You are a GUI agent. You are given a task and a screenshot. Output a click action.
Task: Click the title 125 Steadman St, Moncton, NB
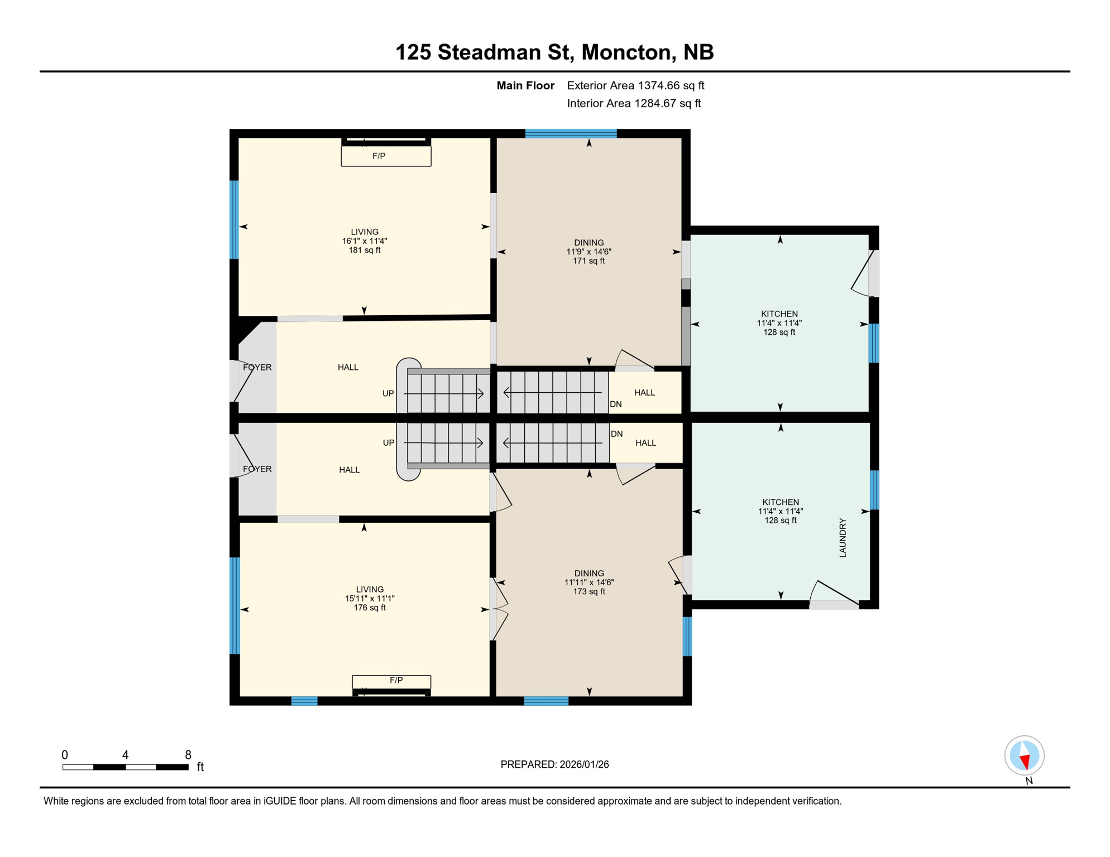pyautogui.click(x=554, y=52)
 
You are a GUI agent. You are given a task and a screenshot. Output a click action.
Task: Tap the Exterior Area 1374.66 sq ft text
pyautogui.click(x=635, y=85)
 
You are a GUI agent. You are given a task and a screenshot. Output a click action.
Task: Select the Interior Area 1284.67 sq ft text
pyautogui.click(x=634, y=103)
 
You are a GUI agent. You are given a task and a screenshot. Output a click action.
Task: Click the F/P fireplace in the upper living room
pyautogui.click(x=386, y=156)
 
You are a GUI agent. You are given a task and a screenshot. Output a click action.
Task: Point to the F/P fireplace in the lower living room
pyautogui.click(x=391, y=681)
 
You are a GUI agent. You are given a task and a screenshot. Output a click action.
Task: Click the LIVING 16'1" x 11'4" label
pyautogui.click(x=364, y=240)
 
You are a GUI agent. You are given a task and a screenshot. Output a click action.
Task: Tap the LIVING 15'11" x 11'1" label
pyautogui.click(x=369, y=598)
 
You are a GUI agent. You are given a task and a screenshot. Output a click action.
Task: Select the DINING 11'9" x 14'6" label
pyautogui.click(x=589, y=251)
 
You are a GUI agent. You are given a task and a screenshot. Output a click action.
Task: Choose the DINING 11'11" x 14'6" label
pyautogui.click(x=589, y=582)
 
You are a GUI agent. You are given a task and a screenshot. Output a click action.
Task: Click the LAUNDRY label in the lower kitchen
pyautogui.click(x=843, y=537)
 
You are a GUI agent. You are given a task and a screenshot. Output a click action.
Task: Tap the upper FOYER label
pyautogui.click(x=257, y=367)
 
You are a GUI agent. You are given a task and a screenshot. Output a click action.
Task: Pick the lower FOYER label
pyautogui.click(x=257, y=469)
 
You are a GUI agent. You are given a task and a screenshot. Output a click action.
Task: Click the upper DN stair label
pyautogui.click(x=615, y=404)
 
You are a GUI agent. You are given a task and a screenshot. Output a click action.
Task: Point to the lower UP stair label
pyautogui.click(x=388, y=442)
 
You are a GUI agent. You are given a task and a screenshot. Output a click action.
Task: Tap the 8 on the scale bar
pyautogui.click(x=188, y=755)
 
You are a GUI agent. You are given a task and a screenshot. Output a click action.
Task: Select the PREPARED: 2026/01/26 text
pyautogui.click(x=554, y=764)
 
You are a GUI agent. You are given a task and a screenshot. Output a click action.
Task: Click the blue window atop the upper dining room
pyautogui.click(x=571, y=133)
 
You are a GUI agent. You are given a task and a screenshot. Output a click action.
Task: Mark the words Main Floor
pyautogui.click(x=525, y=85)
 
